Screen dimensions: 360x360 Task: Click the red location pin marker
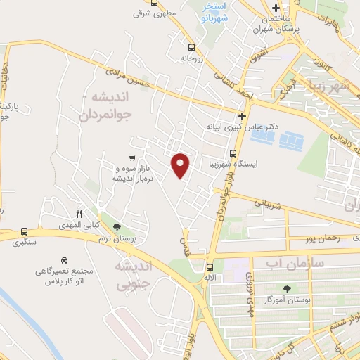click(x=181, y=164)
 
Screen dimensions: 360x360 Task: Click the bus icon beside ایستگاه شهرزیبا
click(x=233, y=153)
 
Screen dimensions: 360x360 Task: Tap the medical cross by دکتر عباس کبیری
click(x=243, y=116)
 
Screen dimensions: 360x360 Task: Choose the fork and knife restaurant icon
click(x=79, y=214)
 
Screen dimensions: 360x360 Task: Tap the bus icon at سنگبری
click(x=25, y=231)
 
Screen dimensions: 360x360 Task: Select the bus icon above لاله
click(x=209, y=266)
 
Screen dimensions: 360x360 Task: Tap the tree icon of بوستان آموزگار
click(x=286, y=288)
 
